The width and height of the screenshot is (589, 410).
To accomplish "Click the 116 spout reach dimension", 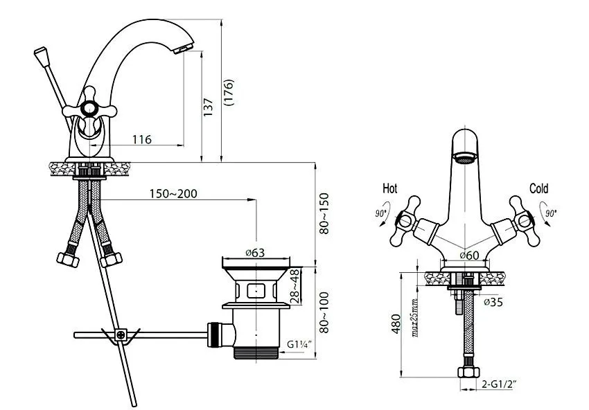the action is click(142, 140).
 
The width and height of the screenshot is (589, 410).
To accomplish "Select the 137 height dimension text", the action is click(208, 107).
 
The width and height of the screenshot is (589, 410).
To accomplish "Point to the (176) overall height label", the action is click(229, 92).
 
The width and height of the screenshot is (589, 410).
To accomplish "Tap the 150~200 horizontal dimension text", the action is click(173, 194).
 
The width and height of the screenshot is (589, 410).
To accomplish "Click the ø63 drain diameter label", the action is click(255, 253).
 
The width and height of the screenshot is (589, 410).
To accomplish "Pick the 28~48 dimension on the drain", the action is click(296, 286).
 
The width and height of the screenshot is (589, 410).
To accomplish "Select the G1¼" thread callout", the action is click(299, 344).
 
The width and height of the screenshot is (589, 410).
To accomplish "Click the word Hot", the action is click(389, 188).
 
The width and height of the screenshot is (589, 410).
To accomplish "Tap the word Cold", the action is click(538, 188).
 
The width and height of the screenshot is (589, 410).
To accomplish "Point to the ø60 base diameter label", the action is click(470, 256).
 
